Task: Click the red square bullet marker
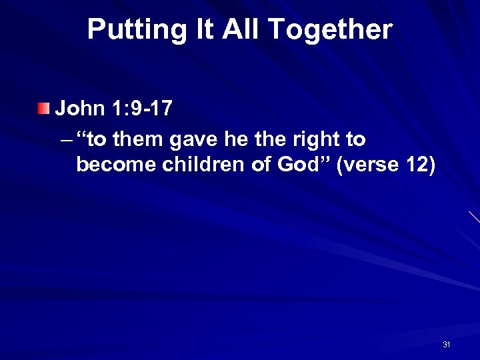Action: tap(43, 108)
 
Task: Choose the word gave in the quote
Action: tap(190, 140)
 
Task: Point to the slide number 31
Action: tap(447, 345)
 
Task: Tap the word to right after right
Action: tap(355, 140)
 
